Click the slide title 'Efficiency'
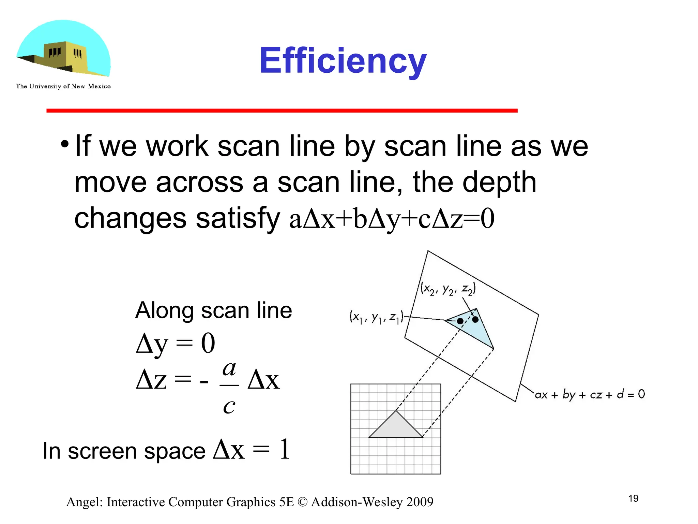[343, 61]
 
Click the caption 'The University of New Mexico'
[63, 86]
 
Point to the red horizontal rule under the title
[282, 111]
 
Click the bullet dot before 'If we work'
[64, 145]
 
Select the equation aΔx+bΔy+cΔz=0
[392, 219]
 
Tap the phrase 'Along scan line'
[213, 310]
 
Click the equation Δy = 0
[176, 343]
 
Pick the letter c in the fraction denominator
[229, 406]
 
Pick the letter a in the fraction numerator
[229, 369]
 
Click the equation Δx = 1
[252, 450]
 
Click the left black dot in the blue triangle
[460, 321]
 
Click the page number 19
[633, 499]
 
